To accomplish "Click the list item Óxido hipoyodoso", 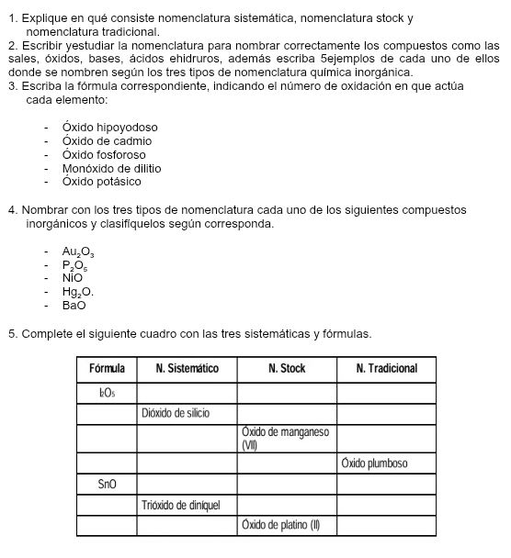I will coord(109,128).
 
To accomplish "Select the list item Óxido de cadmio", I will coord(107,141).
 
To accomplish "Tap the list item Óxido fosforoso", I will coord(104,155).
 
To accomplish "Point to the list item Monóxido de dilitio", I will coord(111,169).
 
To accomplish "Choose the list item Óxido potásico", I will coord(100,182).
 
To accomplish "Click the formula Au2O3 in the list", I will coord(78,251).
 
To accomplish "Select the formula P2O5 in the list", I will coord(76,264).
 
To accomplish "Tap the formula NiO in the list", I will coord(73,277).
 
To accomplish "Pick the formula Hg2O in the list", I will coord(77,291).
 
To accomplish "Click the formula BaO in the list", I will coord(74,305).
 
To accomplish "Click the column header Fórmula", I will coord(107,368).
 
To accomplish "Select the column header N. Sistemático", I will coord(187,368).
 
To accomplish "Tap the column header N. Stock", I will coord(287,368).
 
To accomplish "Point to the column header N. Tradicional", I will coord(386,368).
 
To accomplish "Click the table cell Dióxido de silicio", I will coord(176,413).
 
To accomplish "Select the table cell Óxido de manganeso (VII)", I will coord(285,438).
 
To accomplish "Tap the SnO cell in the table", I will coord(107,483).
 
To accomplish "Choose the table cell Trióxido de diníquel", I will coord(181,504).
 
